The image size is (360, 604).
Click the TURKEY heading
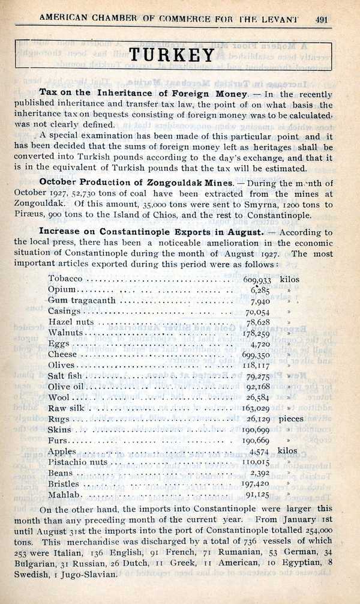coord(173,55)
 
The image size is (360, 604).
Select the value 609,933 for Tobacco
coord(257,280)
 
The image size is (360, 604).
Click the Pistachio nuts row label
coord(77,462)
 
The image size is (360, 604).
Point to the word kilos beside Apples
coord(288,451)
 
